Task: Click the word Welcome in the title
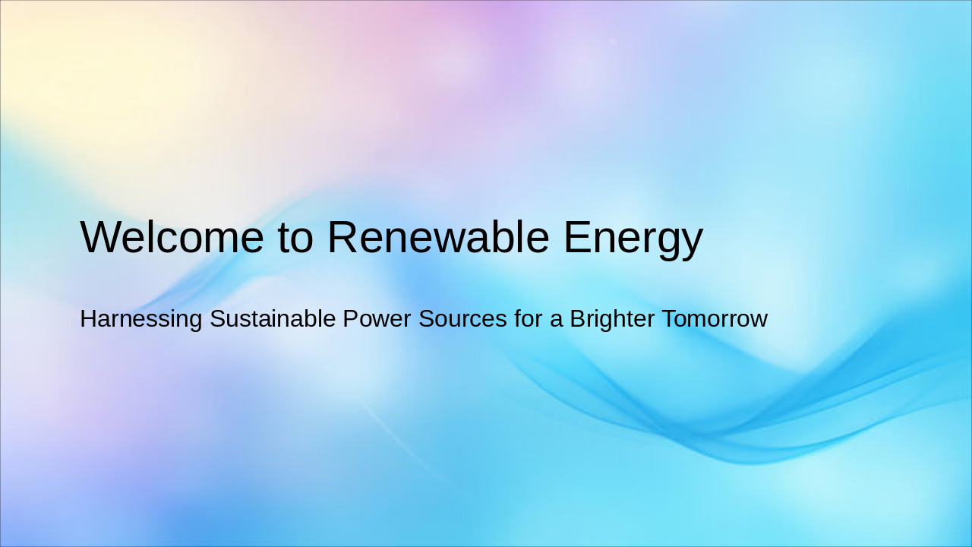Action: (x=172, y=237)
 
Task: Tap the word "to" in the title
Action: (x=295, y=237)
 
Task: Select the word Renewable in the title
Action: (x=438, y=237)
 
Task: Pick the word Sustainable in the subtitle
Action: (x=273, y=319)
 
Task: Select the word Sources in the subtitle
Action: (x=462, y=319)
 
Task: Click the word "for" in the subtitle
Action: (x=528, y=319)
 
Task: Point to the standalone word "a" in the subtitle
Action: (x=557, y=320)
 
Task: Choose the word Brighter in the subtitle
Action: (x=612, y=320)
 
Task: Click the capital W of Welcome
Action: (x=100, y=237)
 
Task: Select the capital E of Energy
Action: (x=577, y=237)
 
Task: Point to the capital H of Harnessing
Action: (x=88, y=319)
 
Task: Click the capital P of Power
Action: (x=350, y=319)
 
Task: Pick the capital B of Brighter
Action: (x=578, y=319)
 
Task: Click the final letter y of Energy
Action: (x=692, y=242)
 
